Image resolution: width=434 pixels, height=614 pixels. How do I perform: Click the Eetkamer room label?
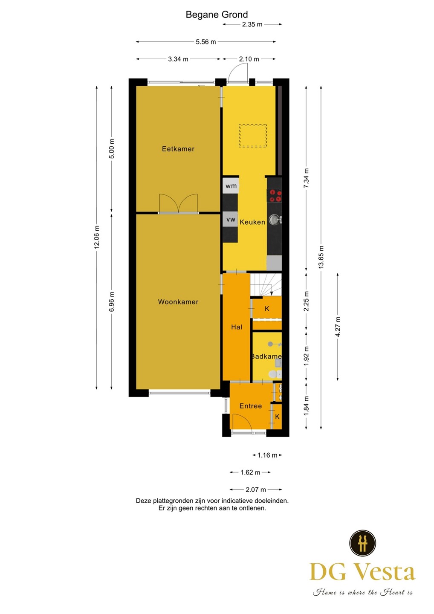tap(178, 149)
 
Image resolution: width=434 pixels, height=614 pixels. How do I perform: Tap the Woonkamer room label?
tap(178, 302)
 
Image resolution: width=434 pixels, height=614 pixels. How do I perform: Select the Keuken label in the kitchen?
tap(252, 222)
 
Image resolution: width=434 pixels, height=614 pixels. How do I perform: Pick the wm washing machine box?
tap(231, 185)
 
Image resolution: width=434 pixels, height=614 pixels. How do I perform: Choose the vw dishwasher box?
tap(230, 219)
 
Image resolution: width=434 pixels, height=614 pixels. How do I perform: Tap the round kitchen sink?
tap(274, 219)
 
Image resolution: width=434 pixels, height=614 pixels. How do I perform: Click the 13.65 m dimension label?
tap(321, 257)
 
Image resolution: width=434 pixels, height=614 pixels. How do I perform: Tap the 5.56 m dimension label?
tap(206, 42)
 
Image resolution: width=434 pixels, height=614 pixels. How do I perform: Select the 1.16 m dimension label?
tap(267, 455)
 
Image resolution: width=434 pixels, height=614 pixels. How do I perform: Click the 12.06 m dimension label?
tap(97, 237)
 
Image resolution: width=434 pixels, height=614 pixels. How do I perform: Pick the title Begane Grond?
tap(217, 14)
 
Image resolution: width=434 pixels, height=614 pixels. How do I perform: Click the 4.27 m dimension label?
tap(338, 327)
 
